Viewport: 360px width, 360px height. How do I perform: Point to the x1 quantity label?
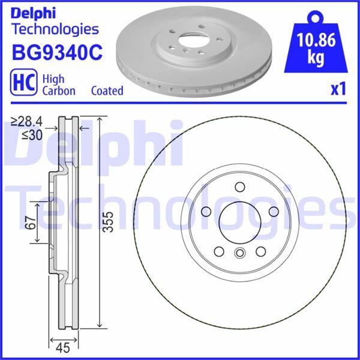(339, 89)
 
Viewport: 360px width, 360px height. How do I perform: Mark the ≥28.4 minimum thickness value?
(28, 123)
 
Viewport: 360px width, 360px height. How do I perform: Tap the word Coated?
(107, 91)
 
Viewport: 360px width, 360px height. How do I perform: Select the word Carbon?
(58, 91)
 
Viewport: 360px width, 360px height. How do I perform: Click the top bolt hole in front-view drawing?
(240, 186)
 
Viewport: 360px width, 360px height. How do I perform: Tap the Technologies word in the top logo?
(55, 28)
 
